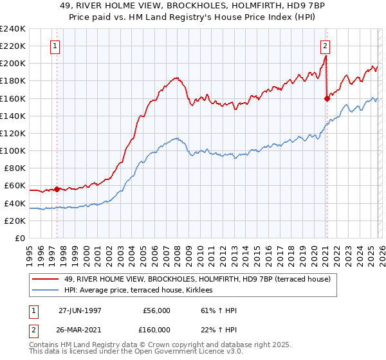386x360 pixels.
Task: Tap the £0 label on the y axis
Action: point(19,238)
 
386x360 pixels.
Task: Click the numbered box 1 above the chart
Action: point(56,46)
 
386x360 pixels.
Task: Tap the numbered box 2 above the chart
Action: point(326,46)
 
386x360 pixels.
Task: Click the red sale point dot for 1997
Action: point(57,189)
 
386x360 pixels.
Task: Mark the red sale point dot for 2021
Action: point(327,98)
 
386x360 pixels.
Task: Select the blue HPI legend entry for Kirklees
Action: point(142,291)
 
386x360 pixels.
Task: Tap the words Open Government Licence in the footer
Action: point(178,354)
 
